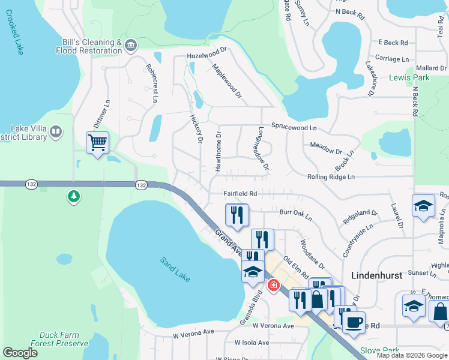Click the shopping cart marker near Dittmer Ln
coord(97,143)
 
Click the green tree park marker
coord(74,196)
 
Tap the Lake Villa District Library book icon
coord(56,131)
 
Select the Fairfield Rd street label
coord(240,194)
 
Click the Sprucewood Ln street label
coord(294,128)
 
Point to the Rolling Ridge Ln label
coord(331,177)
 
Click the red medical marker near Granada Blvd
coord(274,285)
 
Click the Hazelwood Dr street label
coord(208,55)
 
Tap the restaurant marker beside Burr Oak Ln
coord(237,215)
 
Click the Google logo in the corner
coord(20,353)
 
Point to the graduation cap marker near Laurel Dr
coord(423,205)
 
